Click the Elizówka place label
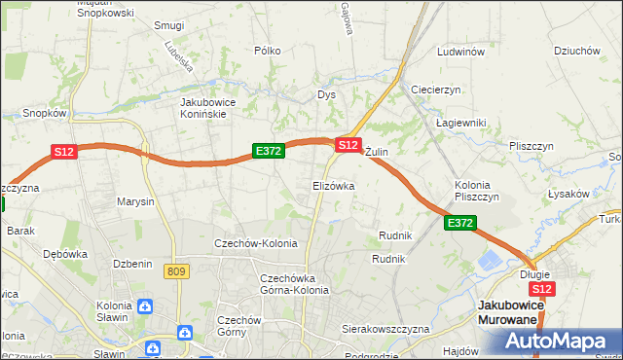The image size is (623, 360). [333, 185]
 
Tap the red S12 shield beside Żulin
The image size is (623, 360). [348, 144]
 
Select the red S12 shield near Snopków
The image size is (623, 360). [64, 152]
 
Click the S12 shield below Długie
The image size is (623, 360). [542, 289]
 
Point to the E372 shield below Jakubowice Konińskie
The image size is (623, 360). [268, 151]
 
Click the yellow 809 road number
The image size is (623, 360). [176, 271]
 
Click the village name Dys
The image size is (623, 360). [326, 95]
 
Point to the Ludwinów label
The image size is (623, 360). [460, 52]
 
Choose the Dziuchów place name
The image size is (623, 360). [574, 51]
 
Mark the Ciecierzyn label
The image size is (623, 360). [435, 90]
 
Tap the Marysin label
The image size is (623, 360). [135, 202]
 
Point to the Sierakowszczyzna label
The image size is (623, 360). [385, 330]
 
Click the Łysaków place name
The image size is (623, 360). [568, 193]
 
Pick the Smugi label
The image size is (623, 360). [169, 25]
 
